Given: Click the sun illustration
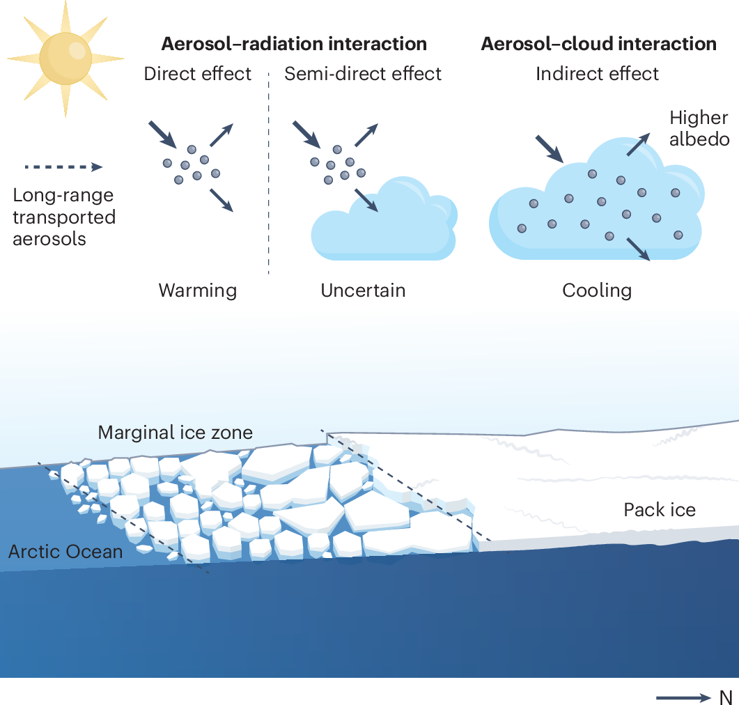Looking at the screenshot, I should [66, 59].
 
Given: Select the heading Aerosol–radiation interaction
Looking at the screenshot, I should [294, 44].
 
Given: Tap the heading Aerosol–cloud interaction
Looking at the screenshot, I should [598, 44].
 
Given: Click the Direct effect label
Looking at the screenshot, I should [198, 74].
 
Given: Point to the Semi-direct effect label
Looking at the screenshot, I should [363, 74].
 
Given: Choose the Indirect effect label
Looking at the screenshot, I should [597, 74].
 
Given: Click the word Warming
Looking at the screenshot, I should [198, 290].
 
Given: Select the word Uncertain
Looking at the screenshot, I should [363, 290].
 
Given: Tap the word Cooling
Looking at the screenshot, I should [597, 290].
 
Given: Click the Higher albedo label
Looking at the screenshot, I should [699, 129].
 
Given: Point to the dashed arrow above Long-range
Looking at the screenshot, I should [63, 167].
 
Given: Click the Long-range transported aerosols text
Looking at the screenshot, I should [64, 217].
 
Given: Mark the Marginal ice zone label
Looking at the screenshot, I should [175, 433].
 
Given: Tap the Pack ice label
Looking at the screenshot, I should [659, 510].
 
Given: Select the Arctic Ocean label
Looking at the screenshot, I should [65, 552].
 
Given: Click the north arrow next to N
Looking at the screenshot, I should [683, 697].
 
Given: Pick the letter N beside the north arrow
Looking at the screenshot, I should [726, 697].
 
